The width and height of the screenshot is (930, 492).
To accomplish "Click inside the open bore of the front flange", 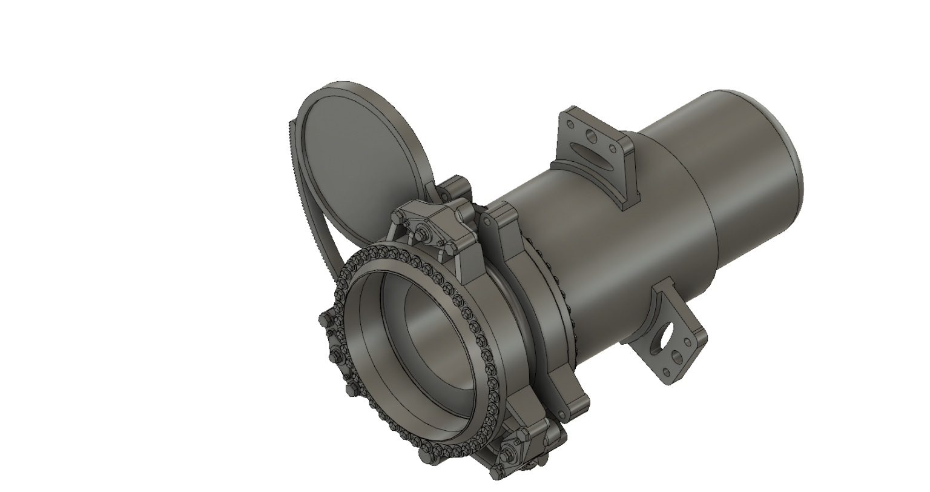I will pos(418,345).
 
